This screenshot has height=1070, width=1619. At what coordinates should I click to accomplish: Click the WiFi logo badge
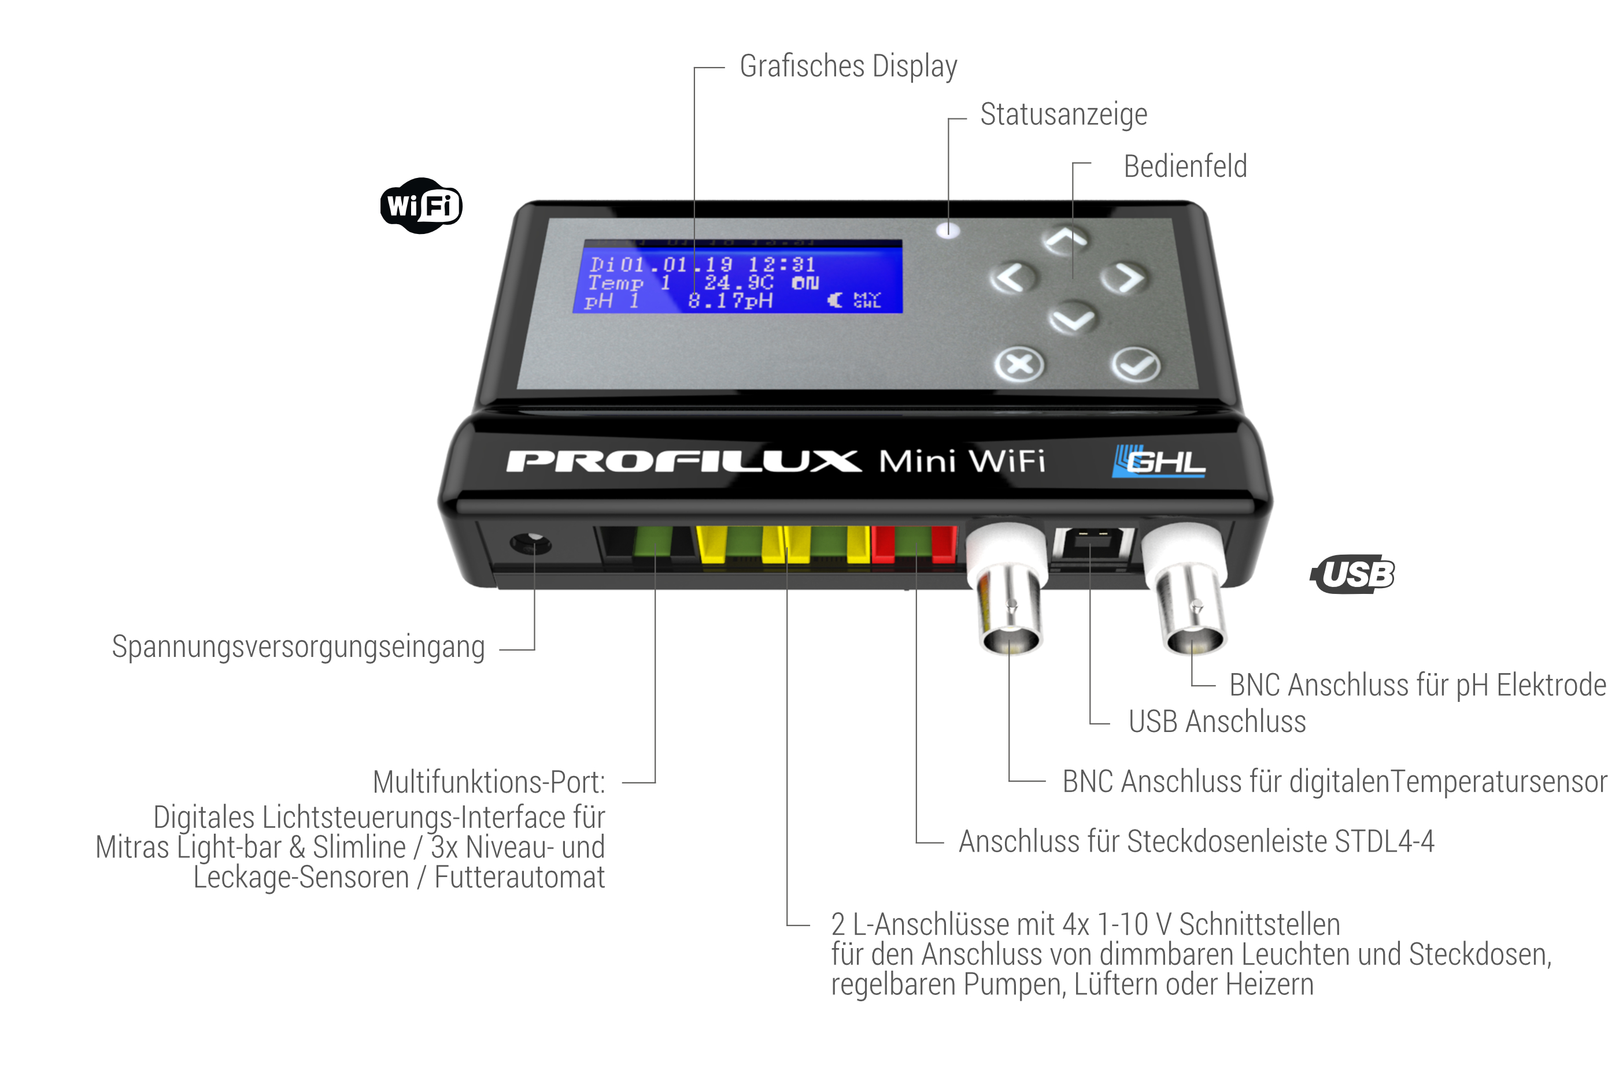tap(420, 206)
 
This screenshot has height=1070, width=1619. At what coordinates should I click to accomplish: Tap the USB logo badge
tap(1352, 574)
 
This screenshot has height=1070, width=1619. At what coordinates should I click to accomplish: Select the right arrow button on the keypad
tap(1123, 278)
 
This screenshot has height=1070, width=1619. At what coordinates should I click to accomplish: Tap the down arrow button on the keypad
tap(1071, 318)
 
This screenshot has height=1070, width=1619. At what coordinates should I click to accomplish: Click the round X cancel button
tap(1019, 365)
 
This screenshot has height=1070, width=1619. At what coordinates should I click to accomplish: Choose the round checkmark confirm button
tap(1136, 365)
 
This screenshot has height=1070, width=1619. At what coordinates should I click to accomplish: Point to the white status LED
tap(948, 230)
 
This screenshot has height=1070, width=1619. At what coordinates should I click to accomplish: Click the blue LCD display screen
tap(737, 276)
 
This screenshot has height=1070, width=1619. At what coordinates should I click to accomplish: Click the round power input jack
tap(531, 544)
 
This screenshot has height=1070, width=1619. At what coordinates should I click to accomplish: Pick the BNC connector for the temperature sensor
tap(1008, 588)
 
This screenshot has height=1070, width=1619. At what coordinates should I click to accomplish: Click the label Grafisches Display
tap(848, 67)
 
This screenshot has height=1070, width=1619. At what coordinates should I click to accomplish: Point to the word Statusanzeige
tap(1063, 114)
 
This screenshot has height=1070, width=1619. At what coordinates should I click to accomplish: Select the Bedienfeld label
tap(1185, 166)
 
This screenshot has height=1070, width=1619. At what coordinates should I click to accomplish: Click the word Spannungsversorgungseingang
tap(298, 647)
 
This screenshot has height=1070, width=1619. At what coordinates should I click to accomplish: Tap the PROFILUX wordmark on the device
tap(683, 461)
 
